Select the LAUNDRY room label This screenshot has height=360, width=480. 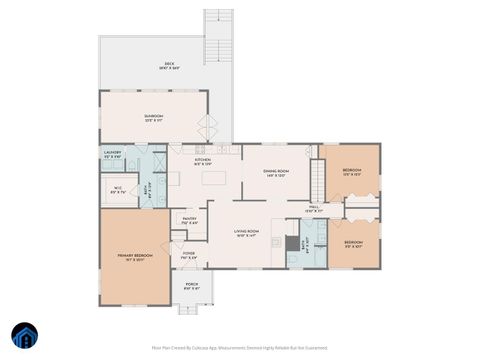pyautogui.click(x=113, y=154)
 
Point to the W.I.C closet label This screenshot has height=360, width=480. pyautogui.click(x=117, y=190)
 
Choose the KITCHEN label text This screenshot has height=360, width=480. pyautogui.click(x=203, y=160)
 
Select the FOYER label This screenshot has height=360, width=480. pyautogui.click(x=188, y=256)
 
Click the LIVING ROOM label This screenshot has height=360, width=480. pyautogui.click(x=247, y=234)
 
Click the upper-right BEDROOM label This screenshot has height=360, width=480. pyautogui.click(x=353, y=171)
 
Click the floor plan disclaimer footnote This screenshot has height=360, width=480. pyautogui.click(x=240, y=347)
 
